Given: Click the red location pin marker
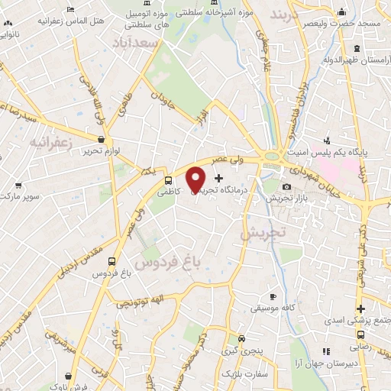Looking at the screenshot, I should [196, 180].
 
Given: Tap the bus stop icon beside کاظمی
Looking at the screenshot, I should [168, 180].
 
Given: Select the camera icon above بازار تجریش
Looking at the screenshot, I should [286, 187].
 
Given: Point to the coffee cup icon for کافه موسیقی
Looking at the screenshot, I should [273, 296].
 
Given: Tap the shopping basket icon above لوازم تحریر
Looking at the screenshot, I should [102, 139].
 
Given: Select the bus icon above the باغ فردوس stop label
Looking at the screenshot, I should [113, 260].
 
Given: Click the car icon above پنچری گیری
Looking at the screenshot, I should [241, 338].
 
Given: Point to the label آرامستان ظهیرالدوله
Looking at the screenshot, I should [353, 58].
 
